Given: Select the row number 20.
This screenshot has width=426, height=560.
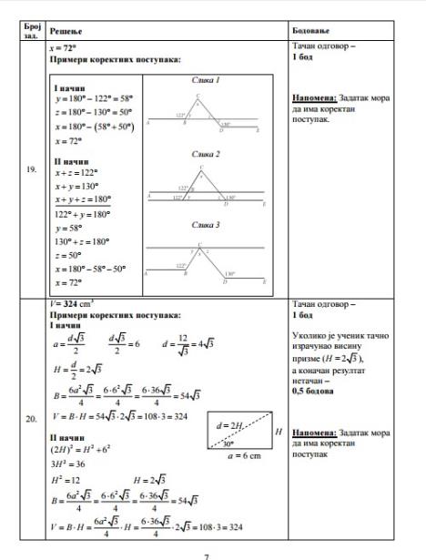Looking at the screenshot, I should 32,420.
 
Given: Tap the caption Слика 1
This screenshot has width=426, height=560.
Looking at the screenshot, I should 206,81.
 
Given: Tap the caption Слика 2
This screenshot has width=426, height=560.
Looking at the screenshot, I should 206,156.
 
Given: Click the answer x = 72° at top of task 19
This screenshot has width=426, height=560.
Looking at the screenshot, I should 68,45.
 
